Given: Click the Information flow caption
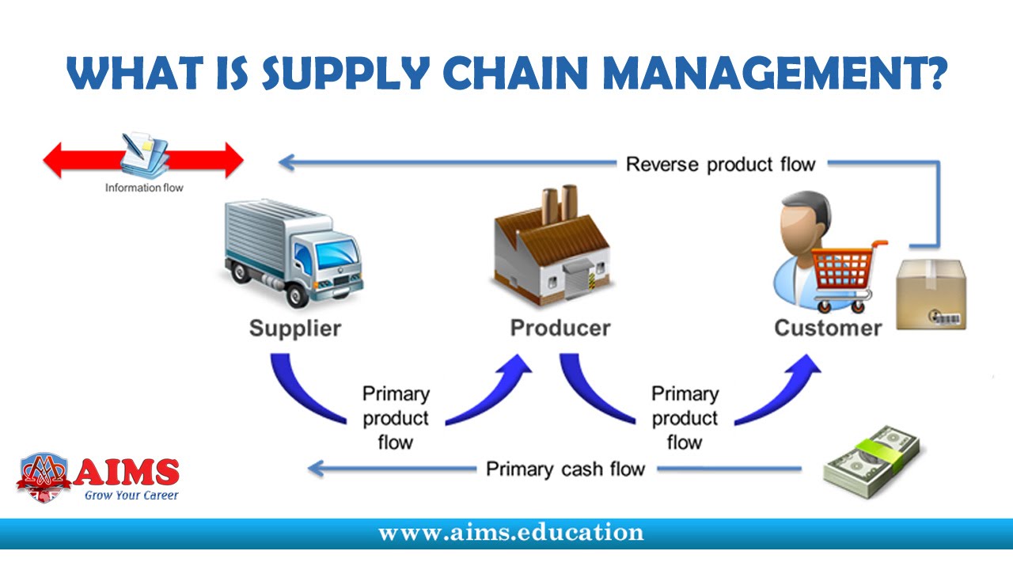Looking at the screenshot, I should coord(144,188).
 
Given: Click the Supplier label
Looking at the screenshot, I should coord(295,328).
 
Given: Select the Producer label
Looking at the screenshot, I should coord(560,328).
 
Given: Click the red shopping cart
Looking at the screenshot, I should coord(844,273).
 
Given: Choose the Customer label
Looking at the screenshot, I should coord(828,328).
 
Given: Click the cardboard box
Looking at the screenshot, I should coord(930,294).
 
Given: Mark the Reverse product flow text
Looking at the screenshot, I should coord(720,165).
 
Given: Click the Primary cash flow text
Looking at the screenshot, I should coord(565,469).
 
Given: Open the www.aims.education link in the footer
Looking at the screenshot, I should coord(510,533).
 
